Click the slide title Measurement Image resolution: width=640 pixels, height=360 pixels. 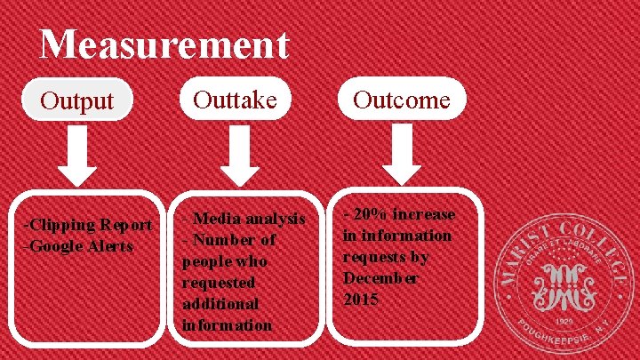point(164,44)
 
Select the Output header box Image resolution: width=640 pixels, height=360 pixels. point(77,100)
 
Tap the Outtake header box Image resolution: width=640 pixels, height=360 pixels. point(236,99)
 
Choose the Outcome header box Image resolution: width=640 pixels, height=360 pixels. point(401,100)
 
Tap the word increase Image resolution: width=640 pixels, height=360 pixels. point(423,214)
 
